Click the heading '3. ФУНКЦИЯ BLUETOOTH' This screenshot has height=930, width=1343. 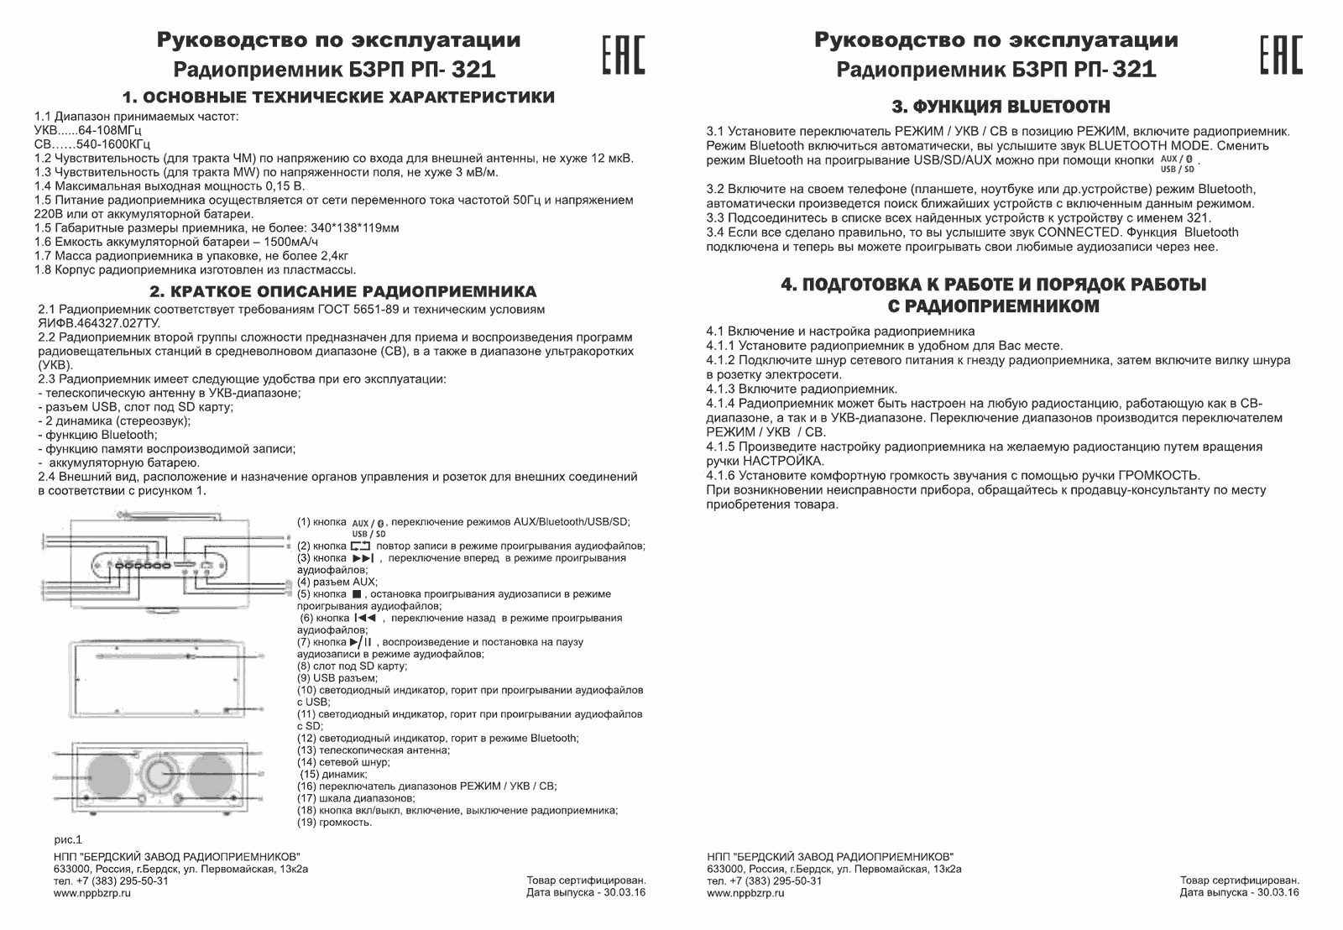coord(1000,107)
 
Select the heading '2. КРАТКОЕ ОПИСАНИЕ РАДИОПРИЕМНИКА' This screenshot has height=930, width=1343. coord(342,291)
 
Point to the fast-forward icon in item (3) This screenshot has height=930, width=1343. coord(363,558)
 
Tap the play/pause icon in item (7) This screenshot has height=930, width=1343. coord(361,642)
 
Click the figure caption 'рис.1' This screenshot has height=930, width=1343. coord(67,839)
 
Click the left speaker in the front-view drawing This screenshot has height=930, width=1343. coord(107,775)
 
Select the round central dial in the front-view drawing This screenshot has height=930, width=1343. coord(160,773)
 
